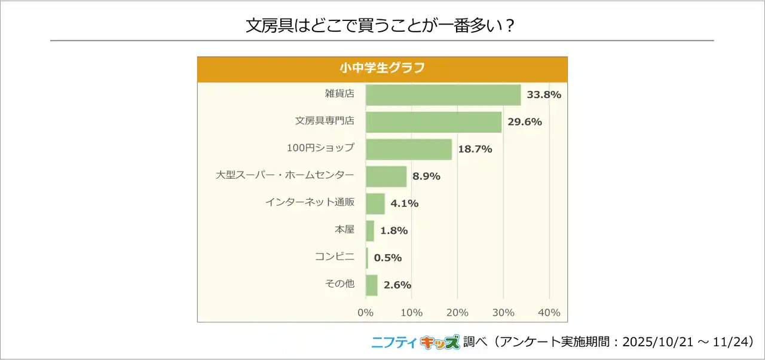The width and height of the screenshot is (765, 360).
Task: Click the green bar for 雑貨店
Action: (x=443, y=94)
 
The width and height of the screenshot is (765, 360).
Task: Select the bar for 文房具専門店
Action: (x=433, y=122)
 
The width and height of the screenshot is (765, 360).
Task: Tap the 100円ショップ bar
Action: (x=409, y=149)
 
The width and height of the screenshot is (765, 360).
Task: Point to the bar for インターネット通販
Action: (x=375, y=203)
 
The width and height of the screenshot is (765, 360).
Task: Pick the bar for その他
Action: (x=372, y=285)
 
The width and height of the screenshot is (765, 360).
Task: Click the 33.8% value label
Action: (x=544, y=94)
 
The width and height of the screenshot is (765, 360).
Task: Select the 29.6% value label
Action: (x=524, y=122)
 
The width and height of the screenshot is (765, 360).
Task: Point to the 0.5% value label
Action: (x=388, y=258)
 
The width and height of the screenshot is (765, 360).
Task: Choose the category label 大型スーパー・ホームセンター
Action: (x=285, y=176)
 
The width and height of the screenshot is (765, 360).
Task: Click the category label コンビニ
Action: (x=335, y=257)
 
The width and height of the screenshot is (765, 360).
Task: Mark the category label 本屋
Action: (x=344, y=230)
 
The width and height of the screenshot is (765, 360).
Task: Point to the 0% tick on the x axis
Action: (x=365, y=313)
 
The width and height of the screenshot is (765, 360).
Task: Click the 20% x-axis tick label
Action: (x=457, y=313)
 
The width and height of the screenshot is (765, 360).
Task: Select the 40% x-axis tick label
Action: (x=549, y=313)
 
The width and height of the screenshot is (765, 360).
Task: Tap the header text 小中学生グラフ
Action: (x=382, y=68)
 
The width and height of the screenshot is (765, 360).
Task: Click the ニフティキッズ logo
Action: (x=416, y=342)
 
